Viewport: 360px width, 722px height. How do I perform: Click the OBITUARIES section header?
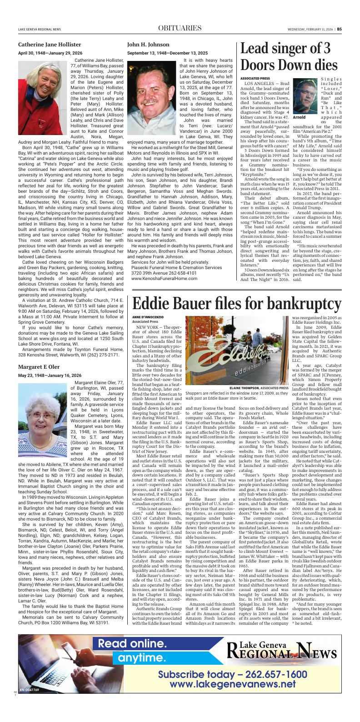(x=180, y=28)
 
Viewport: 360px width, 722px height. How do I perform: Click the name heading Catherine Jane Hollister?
(x=50, y=45)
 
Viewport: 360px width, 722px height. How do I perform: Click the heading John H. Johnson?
(x=148, y=45)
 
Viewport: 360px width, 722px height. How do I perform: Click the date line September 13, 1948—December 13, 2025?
(x=167, y=53)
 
